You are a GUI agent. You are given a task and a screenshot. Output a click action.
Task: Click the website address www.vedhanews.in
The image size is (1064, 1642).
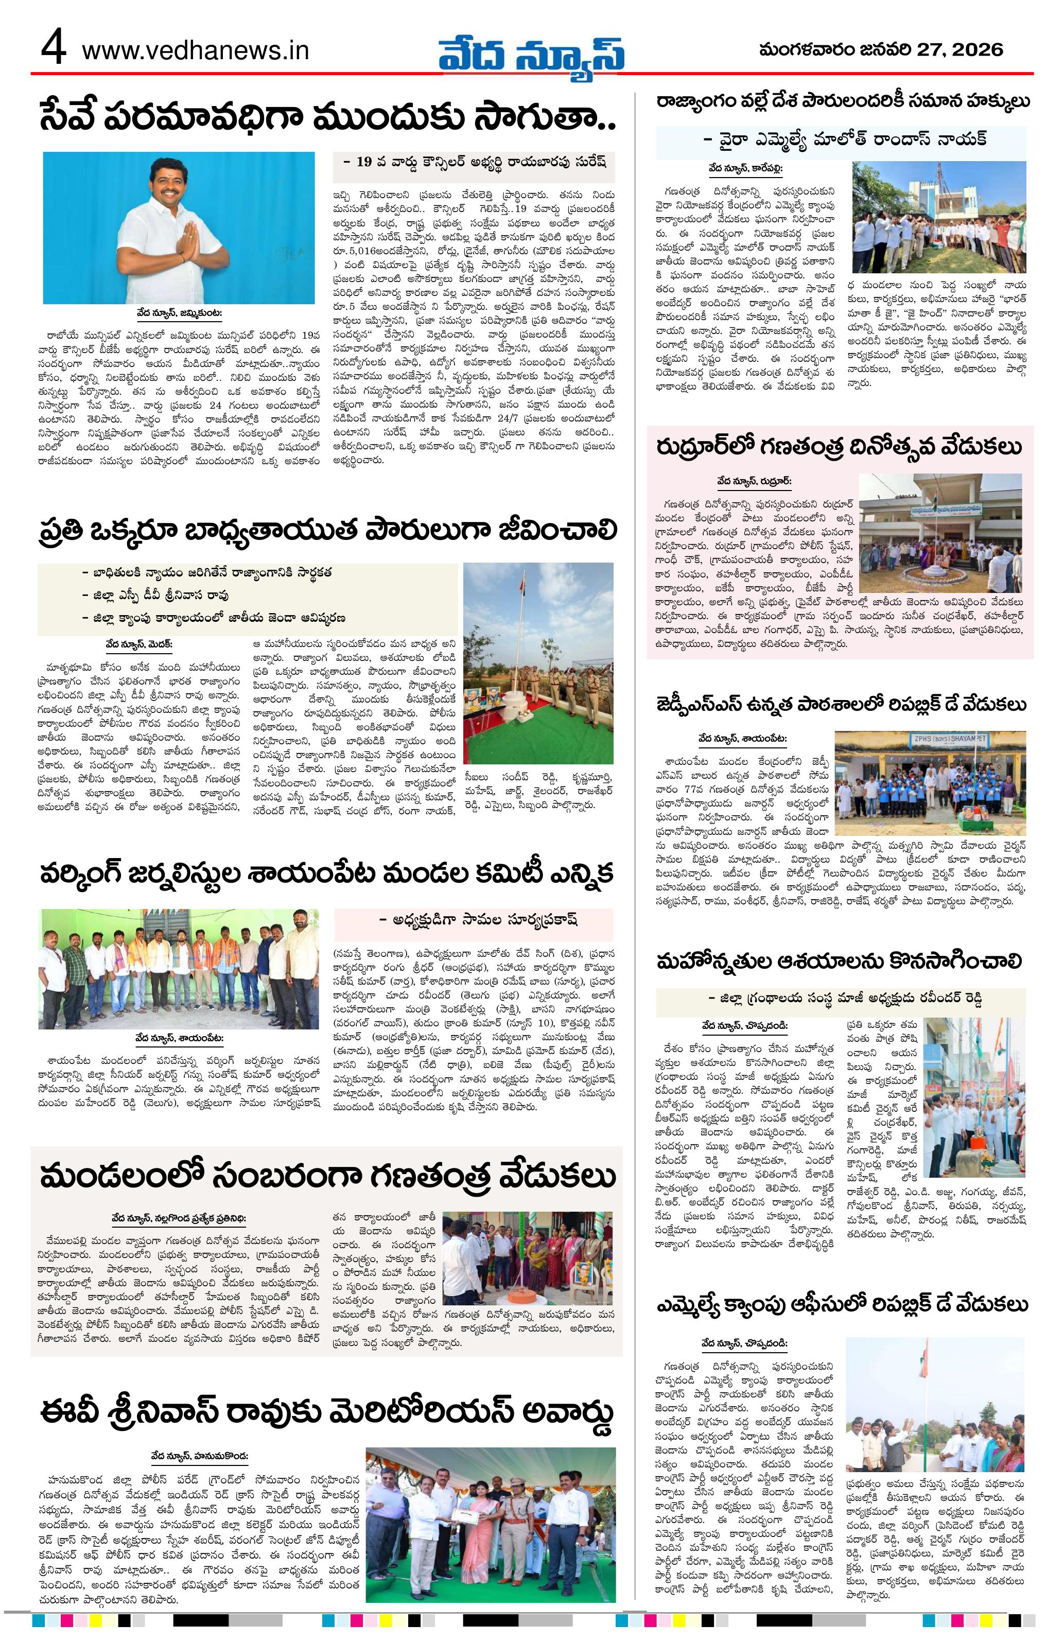tap(195, 51)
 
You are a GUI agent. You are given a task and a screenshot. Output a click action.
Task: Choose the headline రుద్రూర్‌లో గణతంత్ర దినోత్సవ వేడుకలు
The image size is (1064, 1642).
tap(839, 448)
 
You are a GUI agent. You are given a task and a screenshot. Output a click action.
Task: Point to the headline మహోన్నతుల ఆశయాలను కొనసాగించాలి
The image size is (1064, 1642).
tap(839, 961)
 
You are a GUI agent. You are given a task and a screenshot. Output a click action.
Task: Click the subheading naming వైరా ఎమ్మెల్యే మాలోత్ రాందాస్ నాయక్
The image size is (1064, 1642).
tap(845, 138)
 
